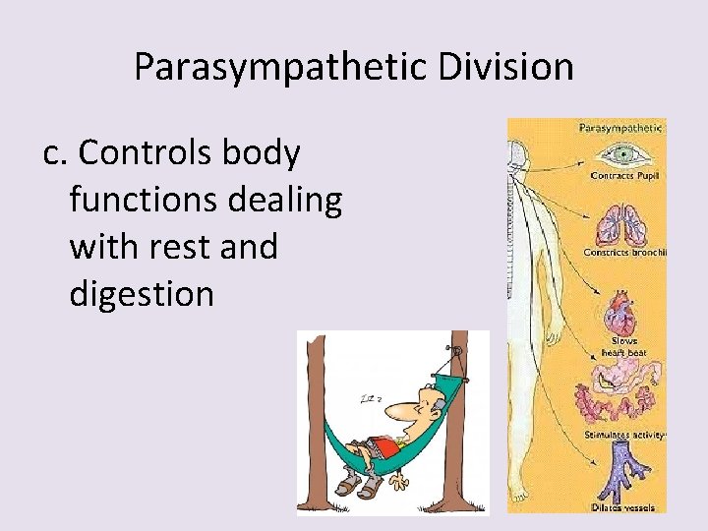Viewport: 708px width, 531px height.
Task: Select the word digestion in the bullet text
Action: (142, 293)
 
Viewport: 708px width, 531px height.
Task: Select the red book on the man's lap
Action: (385, 448)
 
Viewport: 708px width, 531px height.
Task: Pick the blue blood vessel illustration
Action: (621, 470)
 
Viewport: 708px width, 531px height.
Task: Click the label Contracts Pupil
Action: (625, 177)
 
